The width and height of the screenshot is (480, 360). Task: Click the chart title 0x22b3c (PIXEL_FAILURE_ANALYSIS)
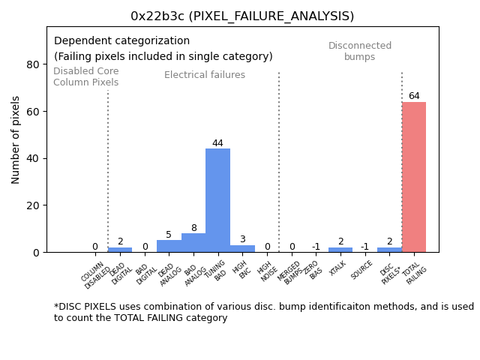(242, 16)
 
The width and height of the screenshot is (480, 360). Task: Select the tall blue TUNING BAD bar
(217, 200)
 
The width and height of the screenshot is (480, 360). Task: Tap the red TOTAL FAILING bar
(414, 177)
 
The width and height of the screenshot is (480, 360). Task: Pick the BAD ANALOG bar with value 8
(193, 243)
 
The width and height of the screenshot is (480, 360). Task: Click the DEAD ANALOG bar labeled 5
(169, 246)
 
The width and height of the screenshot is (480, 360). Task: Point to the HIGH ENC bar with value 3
(242, 248)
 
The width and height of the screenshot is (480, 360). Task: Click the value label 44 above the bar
(217, 143)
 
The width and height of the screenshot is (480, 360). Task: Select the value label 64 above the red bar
(414, 96)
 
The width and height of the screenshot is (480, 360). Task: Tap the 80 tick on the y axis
(33, 64)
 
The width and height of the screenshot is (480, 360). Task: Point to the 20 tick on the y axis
(33, 205)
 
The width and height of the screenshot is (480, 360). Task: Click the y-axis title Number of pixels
(16, 139)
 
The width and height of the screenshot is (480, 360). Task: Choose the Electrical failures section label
(205, 75)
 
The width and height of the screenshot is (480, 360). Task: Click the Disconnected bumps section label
(360, 51)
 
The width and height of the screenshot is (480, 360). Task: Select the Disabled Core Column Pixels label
(85, 76)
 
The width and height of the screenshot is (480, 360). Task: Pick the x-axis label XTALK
(338, 268)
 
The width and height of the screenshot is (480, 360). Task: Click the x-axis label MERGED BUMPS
(289, 272)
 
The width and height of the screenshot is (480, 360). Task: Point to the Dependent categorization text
(121, 41)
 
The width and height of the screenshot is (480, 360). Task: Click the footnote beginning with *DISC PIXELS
(263, 312)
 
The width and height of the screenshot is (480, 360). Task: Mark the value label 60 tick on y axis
(33, 112)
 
